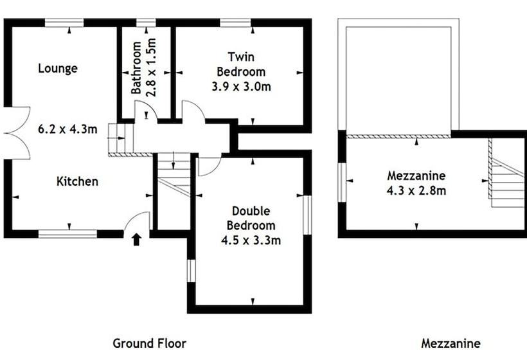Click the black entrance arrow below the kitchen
(x=136, y=240)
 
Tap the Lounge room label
(x=58, y=69)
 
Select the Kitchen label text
(x=77, y=181)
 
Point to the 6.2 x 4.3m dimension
(x=67, y=129)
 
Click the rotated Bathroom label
(x=136, y=67)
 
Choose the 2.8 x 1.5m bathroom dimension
(x=152, y=67)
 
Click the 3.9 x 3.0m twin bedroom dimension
(x=241, y=87)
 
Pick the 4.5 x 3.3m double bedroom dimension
(x=251, y=240)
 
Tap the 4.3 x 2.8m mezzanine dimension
(x=416, y=190)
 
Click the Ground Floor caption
(x=149, y=343)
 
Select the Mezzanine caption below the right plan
(x=451, y=343)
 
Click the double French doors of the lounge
(x=17, y=133)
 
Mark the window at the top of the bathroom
(x=146, y=23)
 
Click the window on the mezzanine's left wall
(x=342, y=183)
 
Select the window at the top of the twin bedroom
(x=235, y=23)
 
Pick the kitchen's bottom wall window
(x=67, y=234)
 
